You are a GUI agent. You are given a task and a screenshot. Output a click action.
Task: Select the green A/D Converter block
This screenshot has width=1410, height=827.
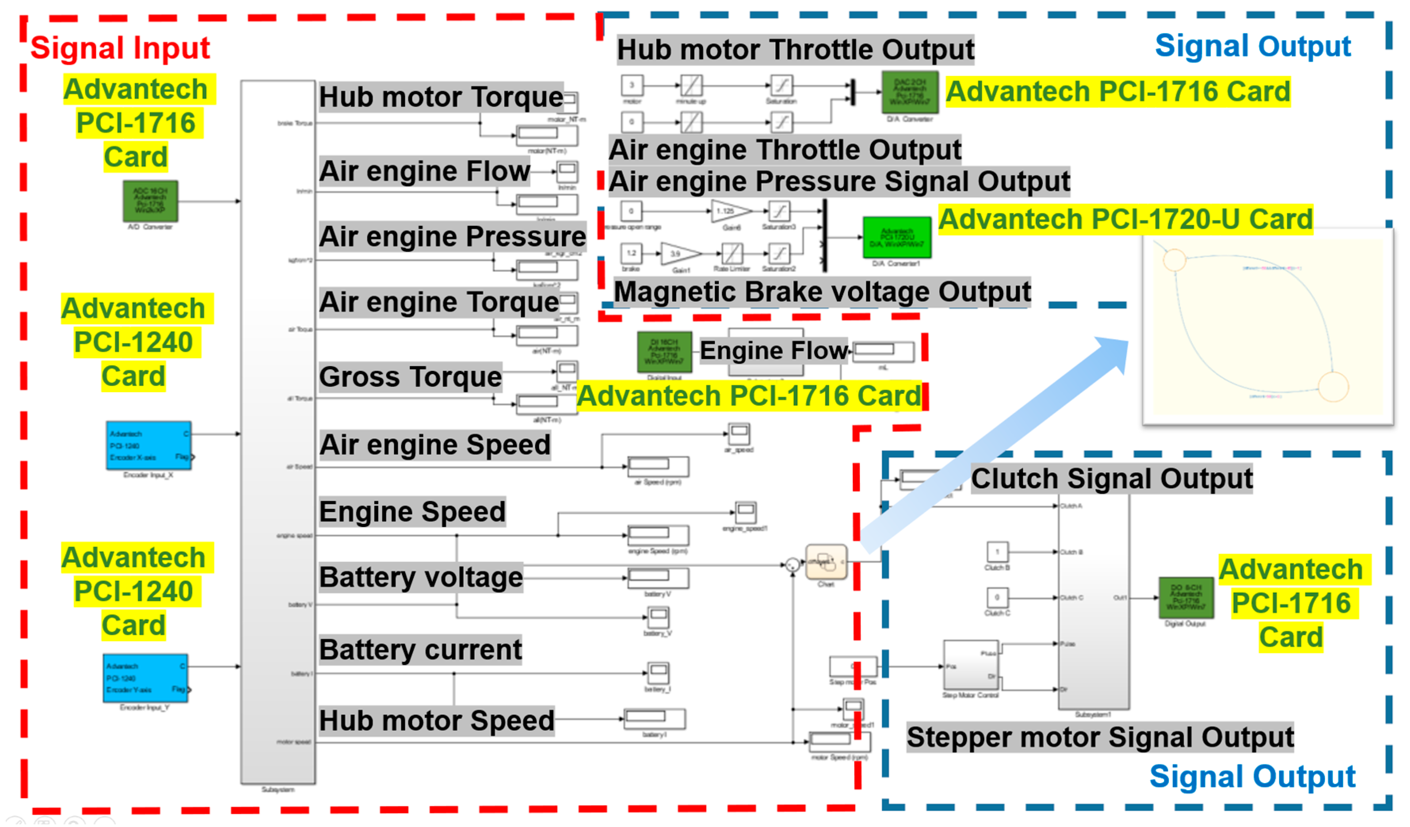click(x=151, y=201)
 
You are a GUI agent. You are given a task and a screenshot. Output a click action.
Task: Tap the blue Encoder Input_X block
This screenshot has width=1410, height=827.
click(x=149, y=446)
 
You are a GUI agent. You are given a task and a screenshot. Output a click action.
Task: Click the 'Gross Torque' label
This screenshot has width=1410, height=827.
click(x=410, y=377)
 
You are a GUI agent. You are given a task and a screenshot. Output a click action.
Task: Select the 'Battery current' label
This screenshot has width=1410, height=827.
click(x=420, y=650)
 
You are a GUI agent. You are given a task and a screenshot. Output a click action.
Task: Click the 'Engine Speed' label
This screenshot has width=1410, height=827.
click(x=412, y=512)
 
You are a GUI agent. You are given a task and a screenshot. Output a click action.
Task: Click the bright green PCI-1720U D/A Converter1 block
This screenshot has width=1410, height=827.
click(x=897, y=237)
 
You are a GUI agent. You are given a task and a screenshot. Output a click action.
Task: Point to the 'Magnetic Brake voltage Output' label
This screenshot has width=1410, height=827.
click(x=822, y=292)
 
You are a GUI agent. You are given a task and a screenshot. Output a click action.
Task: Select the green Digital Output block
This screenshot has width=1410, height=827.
click(x=1186, y=598)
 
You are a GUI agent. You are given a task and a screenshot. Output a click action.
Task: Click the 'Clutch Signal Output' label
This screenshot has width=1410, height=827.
click(x=1111, y=479)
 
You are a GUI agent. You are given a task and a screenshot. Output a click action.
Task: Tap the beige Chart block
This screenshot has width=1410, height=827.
click(x=826, y=563)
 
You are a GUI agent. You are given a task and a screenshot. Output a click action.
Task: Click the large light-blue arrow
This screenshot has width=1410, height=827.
click(x=996, y=442)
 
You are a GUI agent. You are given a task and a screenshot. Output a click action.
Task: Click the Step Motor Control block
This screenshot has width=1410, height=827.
click(x=971, y=666)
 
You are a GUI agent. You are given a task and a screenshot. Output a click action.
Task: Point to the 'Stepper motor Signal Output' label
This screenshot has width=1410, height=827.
click(x=1100, y=737)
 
